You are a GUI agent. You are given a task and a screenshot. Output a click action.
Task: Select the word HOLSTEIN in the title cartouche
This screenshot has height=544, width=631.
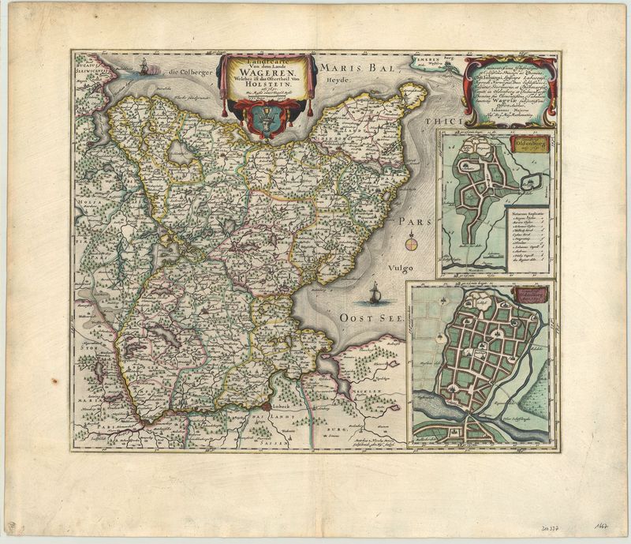[267, 94]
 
